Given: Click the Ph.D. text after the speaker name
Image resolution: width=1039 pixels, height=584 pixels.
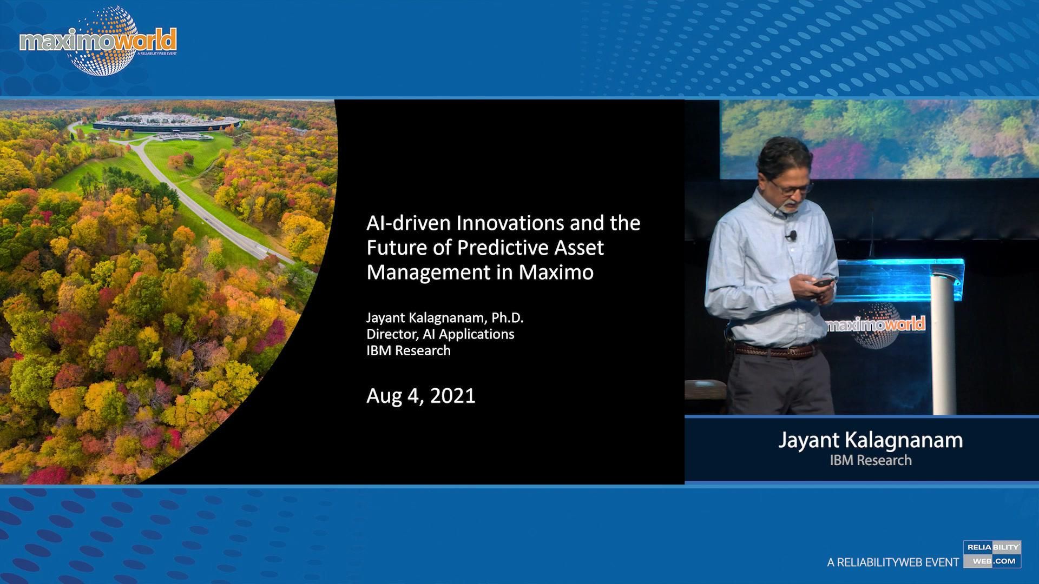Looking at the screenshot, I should point(507,317).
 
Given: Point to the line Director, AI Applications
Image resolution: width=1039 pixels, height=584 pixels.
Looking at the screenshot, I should point(440,334).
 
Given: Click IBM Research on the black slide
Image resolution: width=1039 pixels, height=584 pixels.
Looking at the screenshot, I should point(408,350).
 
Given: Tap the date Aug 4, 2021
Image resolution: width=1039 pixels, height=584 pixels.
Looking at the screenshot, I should point(420,396).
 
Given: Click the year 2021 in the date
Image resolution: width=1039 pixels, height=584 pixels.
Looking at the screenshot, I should point(452,396).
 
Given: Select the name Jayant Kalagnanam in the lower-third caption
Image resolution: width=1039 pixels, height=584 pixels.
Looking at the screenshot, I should point(870,440).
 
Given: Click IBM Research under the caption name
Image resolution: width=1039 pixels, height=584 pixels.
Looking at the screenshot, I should point(870,460).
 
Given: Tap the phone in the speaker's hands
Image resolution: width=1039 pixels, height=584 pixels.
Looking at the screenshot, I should point(823,282).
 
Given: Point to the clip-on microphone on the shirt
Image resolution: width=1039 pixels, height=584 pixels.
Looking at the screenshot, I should point(792,235).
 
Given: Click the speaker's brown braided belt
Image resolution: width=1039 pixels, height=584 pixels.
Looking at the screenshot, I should point(775,350).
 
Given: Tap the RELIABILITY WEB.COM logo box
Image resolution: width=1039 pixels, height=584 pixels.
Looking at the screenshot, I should point(992,554).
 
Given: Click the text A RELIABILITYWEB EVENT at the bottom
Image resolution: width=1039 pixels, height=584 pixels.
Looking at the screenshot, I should point(892,562).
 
